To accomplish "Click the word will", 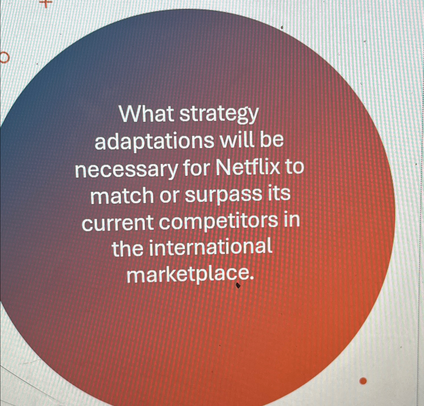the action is pyautogui.click(x=239, y=140).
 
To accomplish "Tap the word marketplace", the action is pyautogui.click(x=189, y=275).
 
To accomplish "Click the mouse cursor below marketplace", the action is pyautogui.click(x=238, y=286).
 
